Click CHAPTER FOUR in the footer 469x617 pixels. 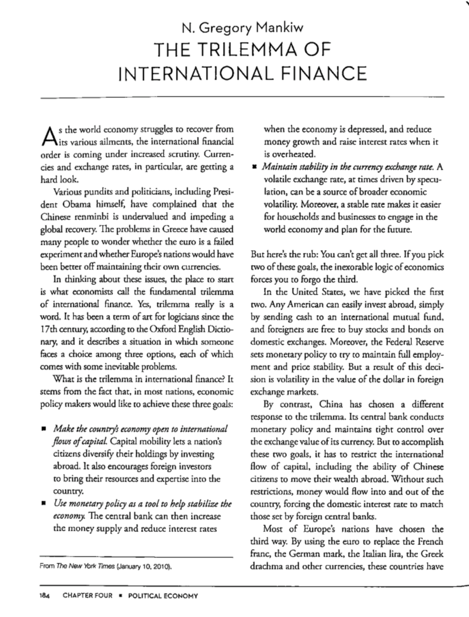87,596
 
